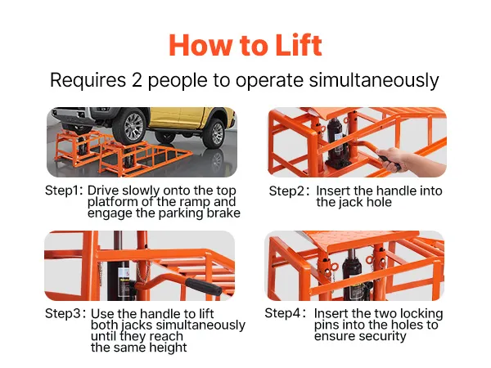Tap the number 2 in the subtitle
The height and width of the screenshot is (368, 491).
(137, 80)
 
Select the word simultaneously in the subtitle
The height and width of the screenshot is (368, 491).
(374, 81)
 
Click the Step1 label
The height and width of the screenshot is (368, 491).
(64, 191)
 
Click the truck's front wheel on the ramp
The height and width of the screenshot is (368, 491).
(129, 127)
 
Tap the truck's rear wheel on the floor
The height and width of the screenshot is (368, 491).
(214, 133)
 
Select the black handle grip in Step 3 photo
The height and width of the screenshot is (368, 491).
(204, 287)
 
